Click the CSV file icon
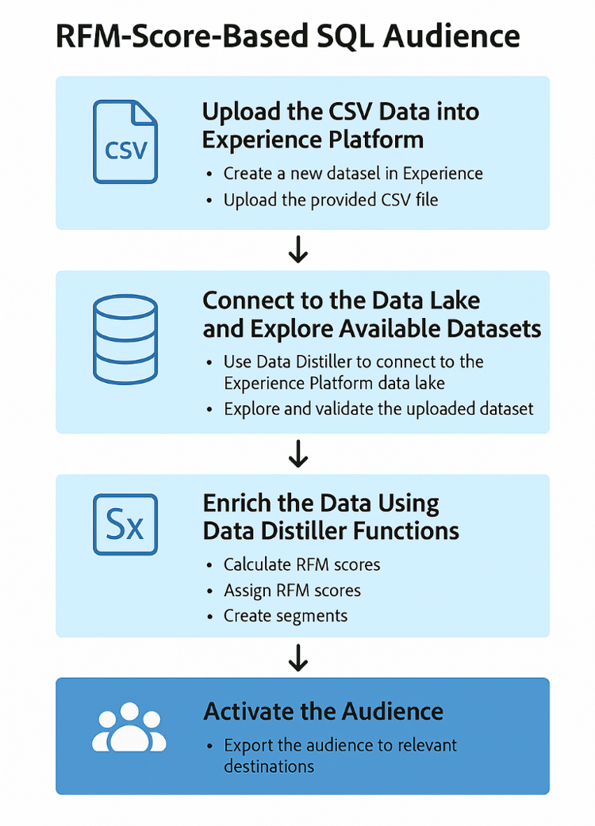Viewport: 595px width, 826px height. pos(125,142)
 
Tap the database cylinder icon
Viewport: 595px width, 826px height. pos(125,331)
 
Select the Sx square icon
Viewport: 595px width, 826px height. pos(125,524)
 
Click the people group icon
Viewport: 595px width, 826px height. pos(129,731)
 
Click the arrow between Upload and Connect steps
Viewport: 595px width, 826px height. pos(298,250)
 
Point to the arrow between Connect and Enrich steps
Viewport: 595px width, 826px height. pos(298,454)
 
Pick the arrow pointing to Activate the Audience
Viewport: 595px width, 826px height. pos(298,657)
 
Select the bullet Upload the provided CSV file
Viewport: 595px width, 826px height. pos(331,200)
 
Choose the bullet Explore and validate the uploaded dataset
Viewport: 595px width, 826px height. pos(379,409)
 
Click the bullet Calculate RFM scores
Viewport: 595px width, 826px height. pos(301,564)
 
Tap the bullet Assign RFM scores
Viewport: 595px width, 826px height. pos(292,591)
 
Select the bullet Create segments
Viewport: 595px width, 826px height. pos(286,616)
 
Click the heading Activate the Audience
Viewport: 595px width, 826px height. pos(323,711)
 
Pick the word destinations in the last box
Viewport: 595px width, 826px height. pos(269,767)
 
